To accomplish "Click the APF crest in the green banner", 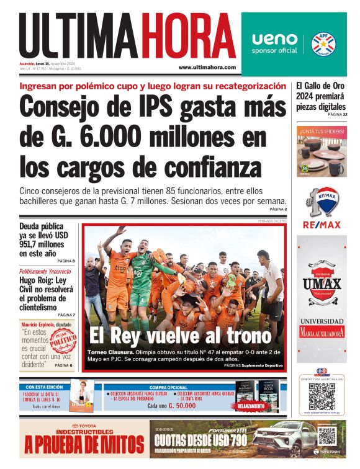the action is pos(323,43).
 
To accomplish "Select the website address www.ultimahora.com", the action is pos(207,67).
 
